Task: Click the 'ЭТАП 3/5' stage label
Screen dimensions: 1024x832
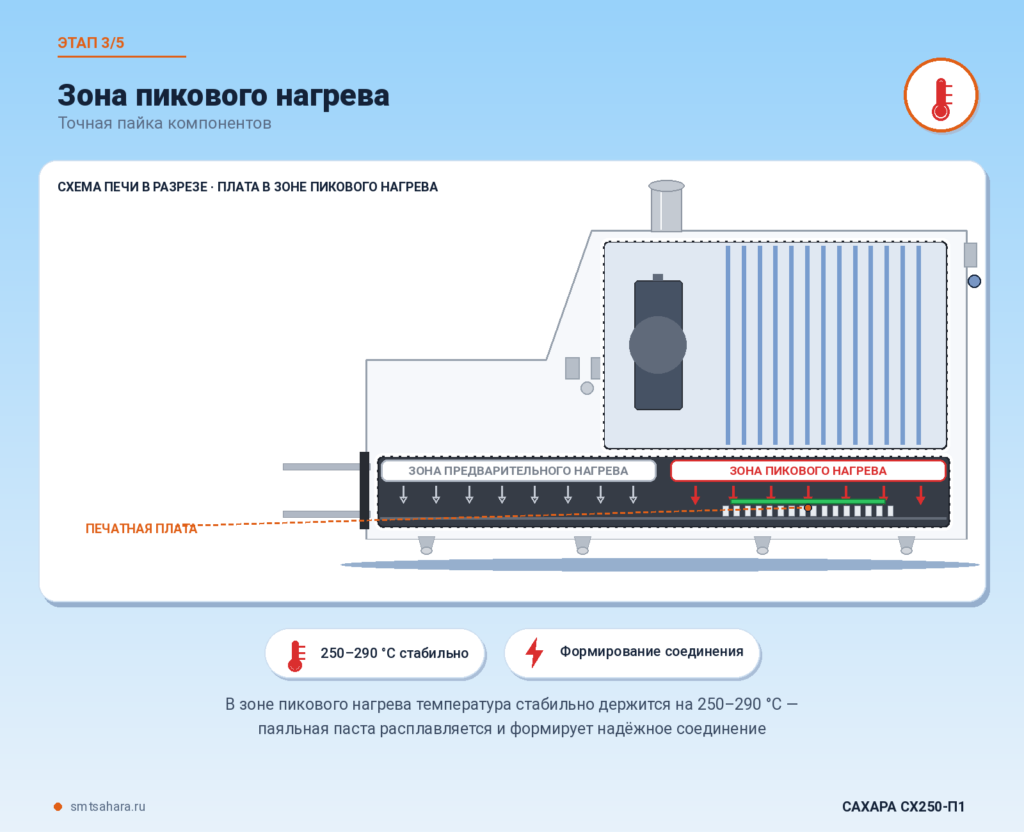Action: (x=91, y=43)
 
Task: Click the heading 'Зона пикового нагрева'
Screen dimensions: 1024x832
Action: (x=223, y=95)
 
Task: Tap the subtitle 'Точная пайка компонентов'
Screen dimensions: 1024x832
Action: (x=164, y=123)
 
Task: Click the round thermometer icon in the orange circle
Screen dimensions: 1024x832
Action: (x=941, y=95)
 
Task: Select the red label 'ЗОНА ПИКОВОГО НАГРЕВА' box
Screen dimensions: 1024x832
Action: (x=808, y=470)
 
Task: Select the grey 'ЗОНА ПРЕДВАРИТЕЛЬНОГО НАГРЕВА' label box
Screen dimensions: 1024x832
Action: (x=518, y=470)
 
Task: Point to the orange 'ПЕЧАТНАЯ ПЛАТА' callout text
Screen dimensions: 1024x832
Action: (x=141, y=529)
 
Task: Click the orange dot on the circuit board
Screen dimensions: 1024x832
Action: (x=808, y=508)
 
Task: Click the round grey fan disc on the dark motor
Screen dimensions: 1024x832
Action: (x=658, y=344)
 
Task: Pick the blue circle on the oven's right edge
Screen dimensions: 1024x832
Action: (x=974, y=281)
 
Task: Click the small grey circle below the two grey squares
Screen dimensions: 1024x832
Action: (x=587, y=388)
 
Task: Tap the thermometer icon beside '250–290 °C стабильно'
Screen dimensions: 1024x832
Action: (x=296, y=655)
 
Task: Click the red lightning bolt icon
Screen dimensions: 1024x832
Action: (x=534, y=652)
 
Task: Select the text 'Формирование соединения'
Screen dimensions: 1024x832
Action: (x=652, y=652)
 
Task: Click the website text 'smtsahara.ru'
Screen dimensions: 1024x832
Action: (x=108, y=806)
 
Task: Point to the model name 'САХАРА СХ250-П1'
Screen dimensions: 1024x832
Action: (x=903, y=806)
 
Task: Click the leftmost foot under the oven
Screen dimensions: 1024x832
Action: (x=426, y=545)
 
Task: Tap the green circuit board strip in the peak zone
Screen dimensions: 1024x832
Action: (x=808, y=501)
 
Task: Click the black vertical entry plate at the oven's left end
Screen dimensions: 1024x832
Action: (x=364, y=490)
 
